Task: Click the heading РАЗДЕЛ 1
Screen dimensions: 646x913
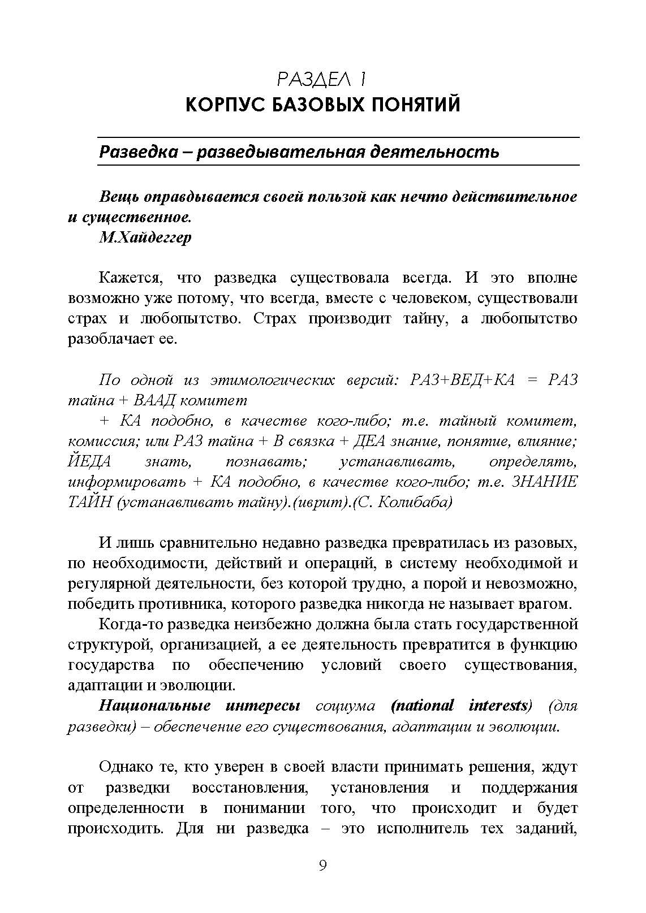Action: tap(322, 79)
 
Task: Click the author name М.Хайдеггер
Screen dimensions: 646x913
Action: tap(145, 237)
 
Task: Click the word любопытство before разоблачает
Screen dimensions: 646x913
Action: tap(528, 318)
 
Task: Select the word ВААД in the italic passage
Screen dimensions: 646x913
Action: tap(154, 401)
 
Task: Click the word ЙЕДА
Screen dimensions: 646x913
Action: tap(89, 462)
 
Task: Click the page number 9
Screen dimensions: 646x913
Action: tap(322, 866)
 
